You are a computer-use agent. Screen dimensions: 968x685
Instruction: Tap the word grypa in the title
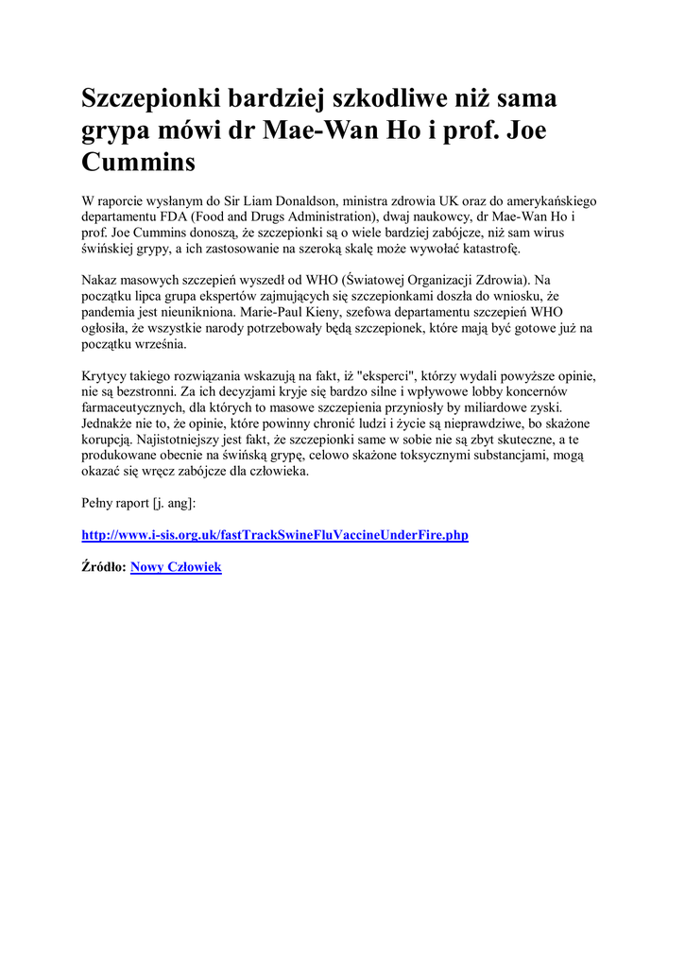click(114, 130)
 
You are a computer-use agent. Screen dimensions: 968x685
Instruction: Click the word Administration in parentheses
click(315, 216)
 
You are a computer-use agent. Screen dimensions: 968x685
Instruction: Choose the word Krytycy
click(107, 375)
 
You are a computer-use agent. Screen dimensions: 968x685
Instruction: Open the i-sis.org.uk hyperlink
click(275, 535)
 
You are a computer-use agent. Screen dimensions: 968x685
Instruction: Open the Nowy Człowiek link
click(176, 567)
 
